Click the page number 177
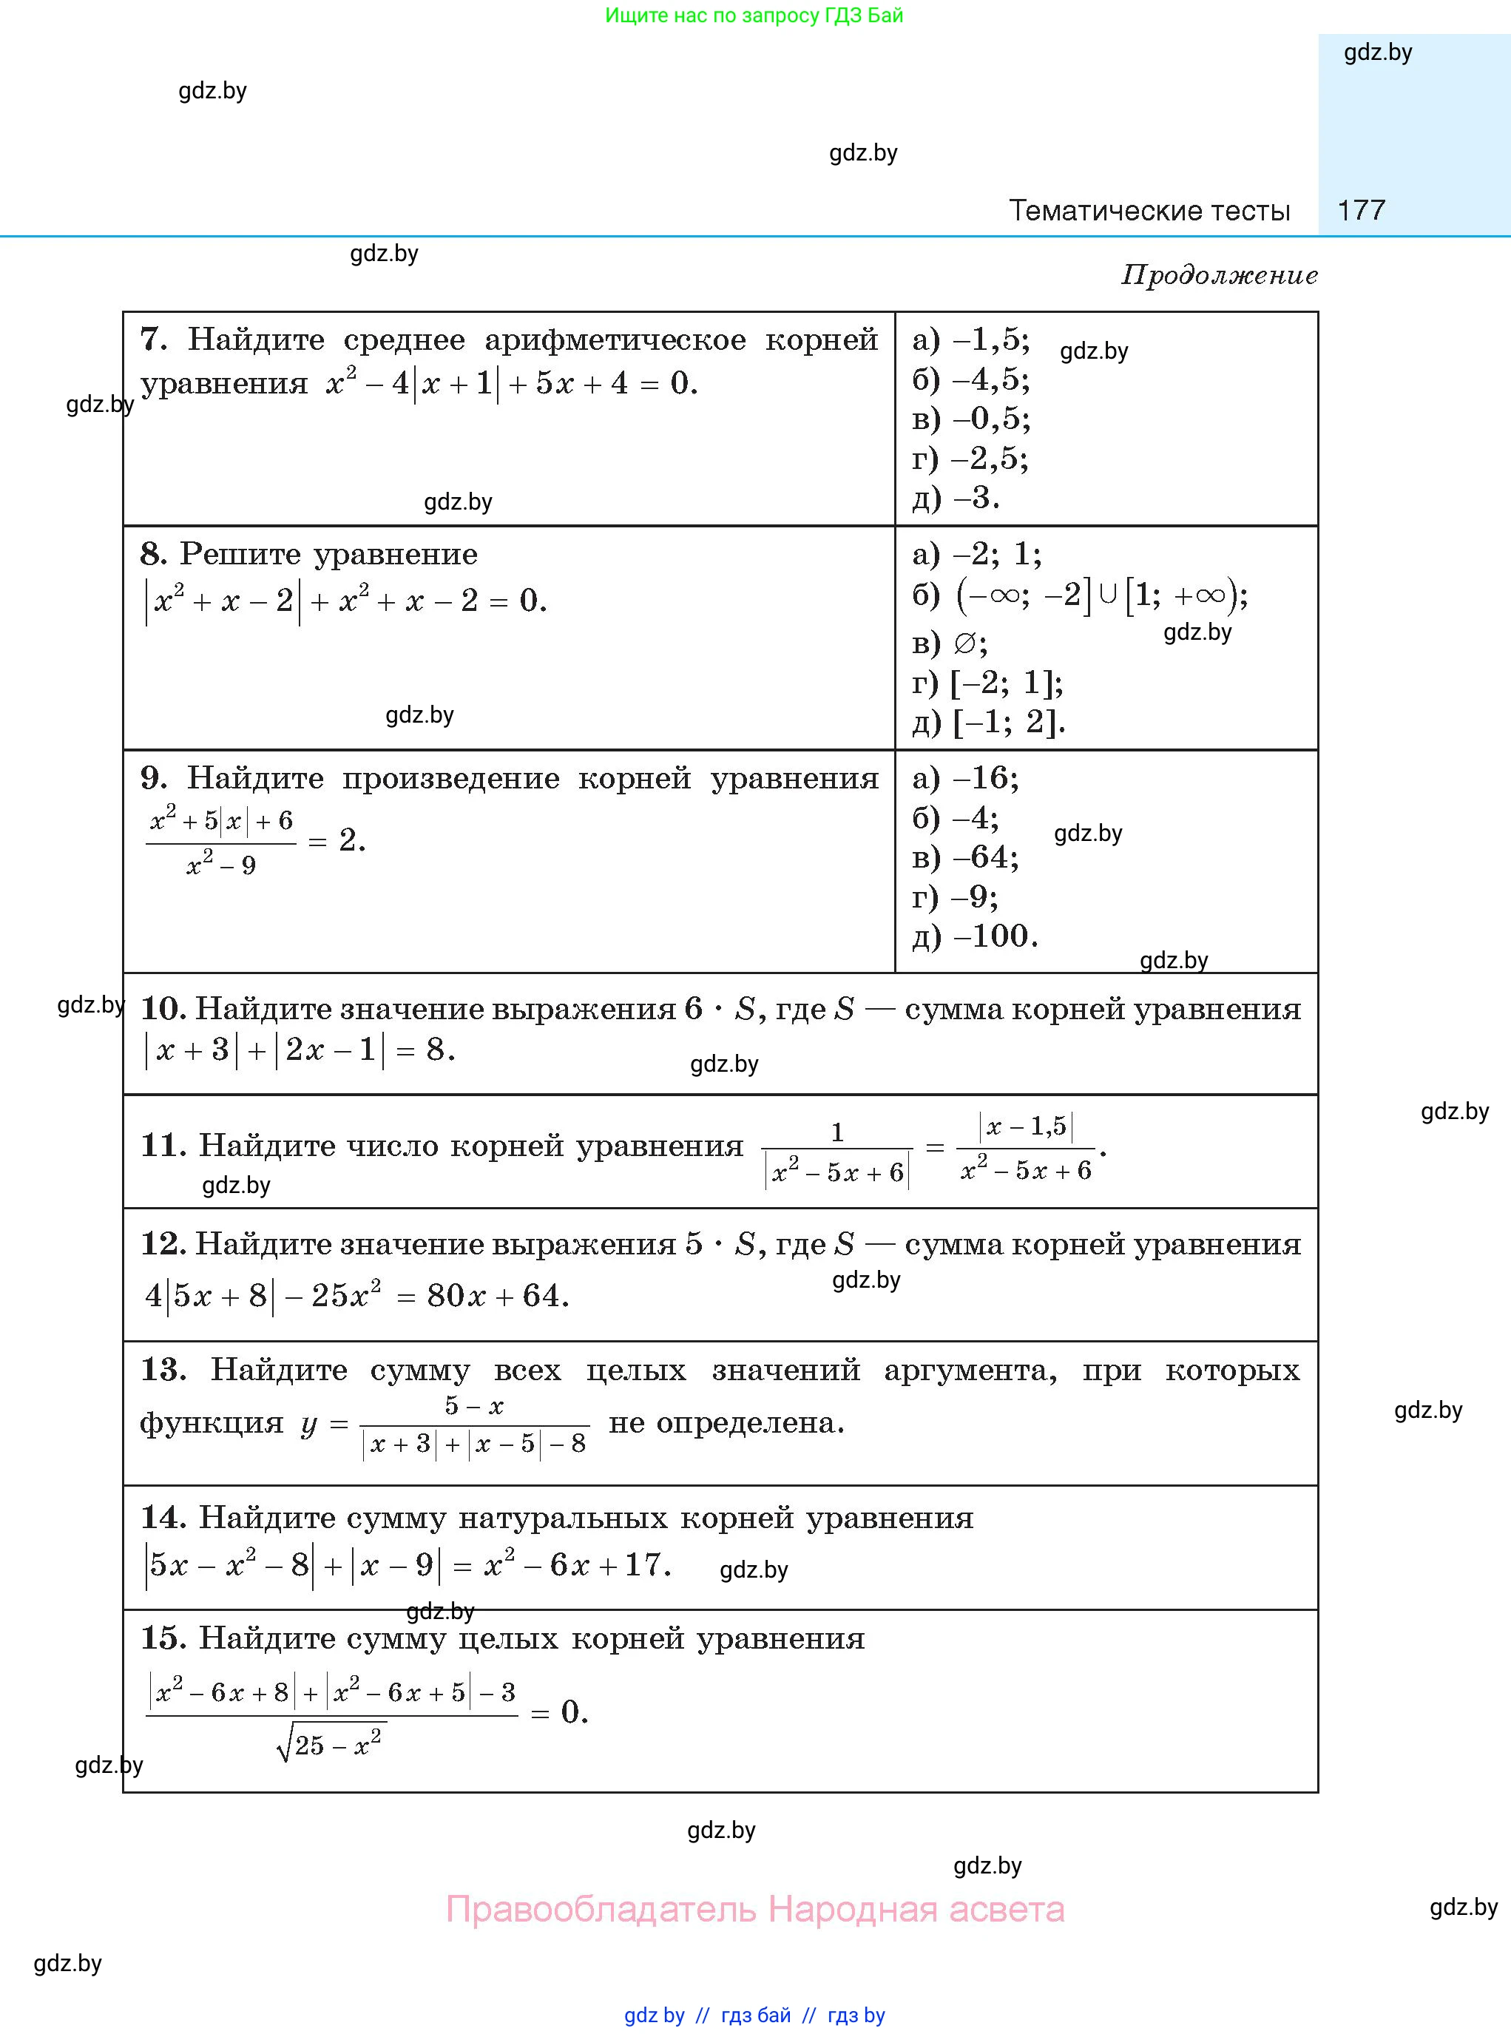point(1361,210)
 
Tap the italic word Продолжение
point(1219,275)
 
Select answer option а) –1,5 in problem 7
point(970,340)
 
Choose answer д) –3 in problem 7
point(956,498)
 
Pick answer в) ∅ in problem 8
point(950,644)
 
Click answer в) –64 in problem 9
point(965,857)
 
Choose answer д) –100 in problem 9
point(975,936)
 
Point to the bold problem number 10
point(163,1009)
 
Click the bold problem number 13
point(163,1370)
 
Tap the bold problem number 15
point(163,1638)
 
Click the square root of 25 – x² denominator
point(331,1743)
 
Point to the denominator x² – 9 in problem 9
point(221,865)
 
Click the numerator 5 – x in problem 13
point(474,1406)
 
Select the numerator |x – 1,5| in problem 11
point(1025,1126)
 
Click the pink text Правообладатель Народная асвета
point(754,1910)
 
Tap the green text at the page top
point(754,16)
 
